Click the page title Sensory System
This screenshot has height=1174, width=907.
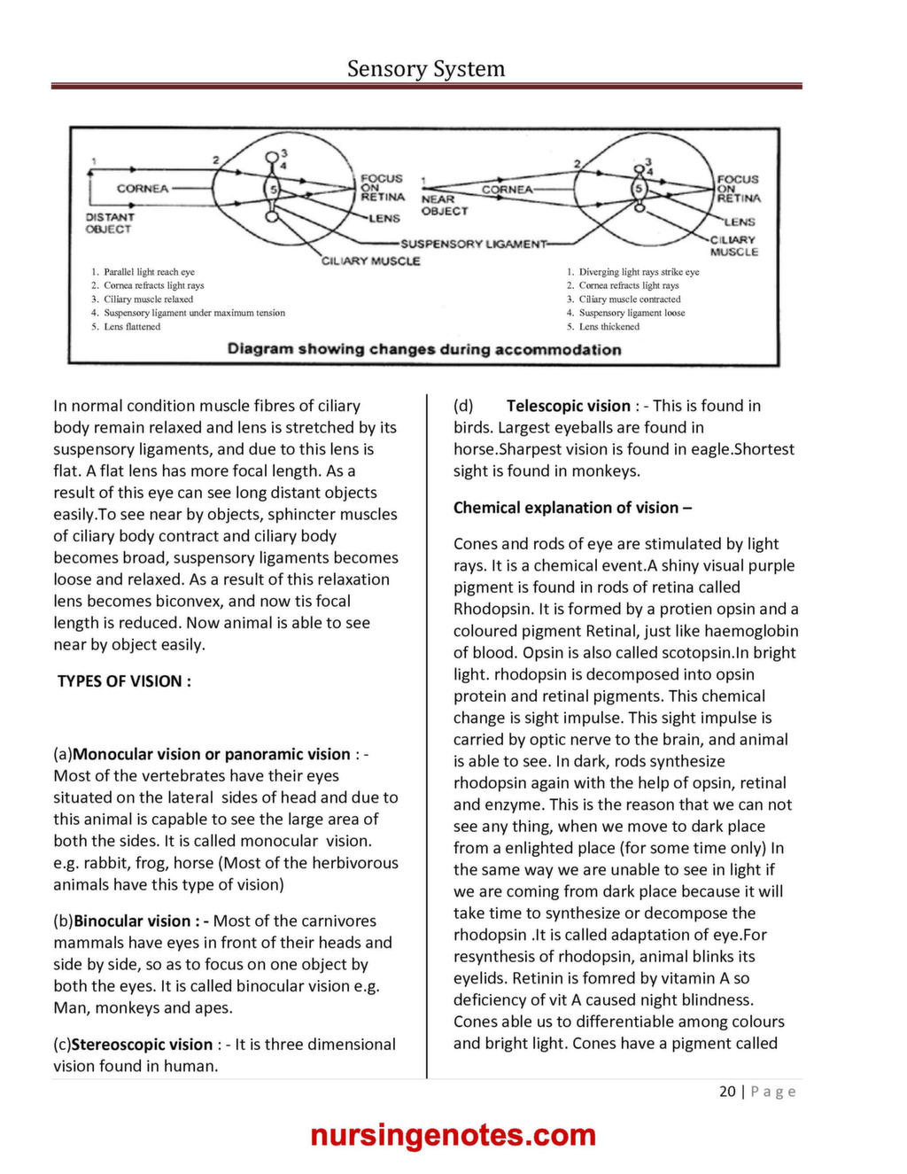tap(425, 69)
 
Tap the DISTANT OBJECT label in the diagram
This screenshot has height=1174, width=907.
tap(109, 222)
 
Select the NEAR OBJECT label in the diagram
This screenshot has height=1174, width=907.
tap(444, 206)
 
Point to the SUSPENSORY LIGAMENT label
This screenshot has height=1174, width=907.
tap(473, 244)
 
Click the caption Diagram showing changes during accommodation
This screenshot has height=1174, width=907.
tap(423, 349)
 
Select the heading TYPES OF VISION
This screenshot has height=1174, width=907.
tap(124, 681)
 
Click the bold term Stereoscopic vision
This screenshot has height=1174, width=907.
tap(142, 1045)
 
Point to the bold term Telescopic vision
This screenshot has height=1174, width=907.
tap(568, 406)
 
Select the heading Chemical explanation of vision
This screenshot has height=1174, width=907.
tap(572, 508)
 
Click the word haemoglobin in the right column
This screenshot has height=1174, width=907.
tap(751, 631)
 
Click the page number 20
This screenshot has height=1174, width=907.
tap(727, 1092)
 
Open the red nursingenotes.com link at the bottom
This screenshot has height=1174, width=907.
tap(453, 1135)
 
